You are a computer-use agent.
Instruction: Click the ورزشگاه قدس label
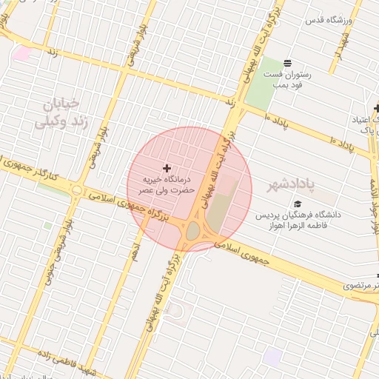(x=329, y=19)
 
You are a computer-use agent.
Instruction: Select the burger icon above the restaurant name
(x=287, y=61)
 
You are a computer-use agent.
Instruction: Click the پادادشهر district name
(x=289, y=182)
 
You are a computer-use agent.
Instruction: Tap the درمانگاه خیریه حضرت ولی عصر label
(x=167, y=184)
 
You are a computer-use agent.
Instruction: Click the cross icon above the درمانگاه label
(x=166, y=169)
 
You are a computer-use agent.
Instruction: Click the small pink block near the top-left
(x=22, y=53)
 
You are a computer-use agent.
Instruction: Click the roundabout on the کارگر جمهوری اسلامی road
(x=76, y=191)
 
